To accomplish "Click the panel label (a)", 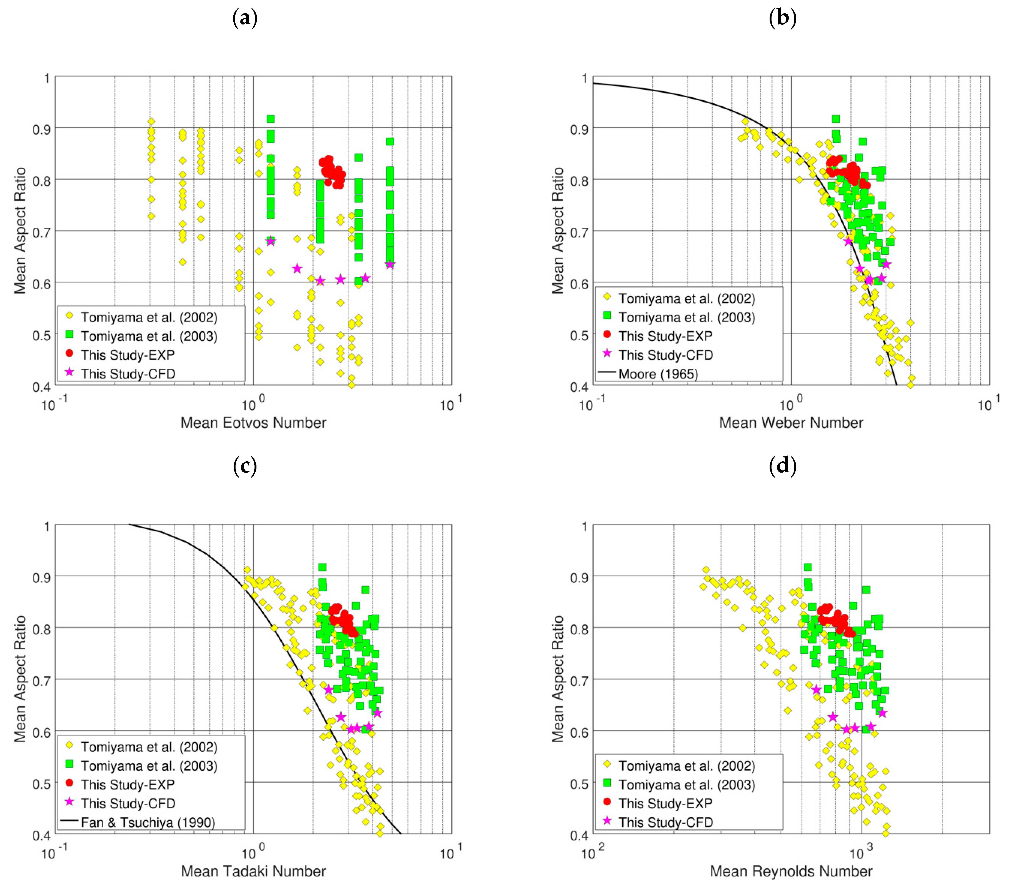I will [245, 18].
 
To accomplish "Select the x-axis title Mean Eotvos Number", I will [253, 423].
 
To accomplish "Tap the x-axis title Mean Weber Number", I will [791, 423].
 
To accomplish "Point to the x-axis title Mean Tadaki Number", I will [253, 871].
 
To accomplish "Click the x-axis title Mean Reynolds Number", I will [791, 871].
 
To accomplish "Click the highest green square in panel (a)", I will [270, 119].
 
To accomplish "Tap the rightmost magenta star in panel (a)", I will [390, 265].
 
